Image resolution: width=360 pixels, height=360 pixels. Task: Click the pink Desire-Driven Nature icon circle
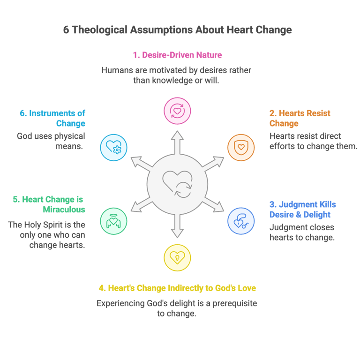(177, 111)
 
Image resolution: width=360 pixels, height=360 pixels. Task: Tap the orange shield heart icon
(241, 148)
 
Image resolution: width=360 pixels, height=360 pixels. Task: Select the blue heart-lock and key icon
(241, 221)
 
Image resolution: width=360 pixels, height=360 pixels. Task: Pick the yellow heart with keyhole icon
(177, 257)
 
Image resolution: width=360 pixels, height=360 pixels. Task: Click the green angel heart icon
(113, 221)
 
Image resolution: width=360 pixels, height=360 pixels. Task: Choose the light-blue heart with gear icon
(113, 148)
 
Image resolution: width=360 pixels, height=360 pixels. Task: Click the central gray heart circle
(177, 184)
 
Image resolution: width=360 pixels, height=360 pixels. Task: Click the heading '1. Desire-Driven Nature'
(177, 55)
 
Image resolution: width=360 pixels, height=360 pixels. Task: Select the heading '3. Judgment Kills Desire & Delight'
(302, 210)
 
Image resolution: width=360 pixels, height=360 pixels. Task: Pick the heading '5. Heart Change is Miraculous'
(49, 204)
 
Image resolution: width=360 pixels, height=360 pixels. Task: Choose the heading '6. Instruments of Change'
(52, 118)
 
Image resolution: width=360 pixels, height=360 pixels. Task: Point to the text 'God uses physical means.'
(51, 141)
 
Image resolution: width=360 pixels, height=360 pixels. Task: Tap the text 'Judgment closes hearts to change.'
(302, 232)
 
